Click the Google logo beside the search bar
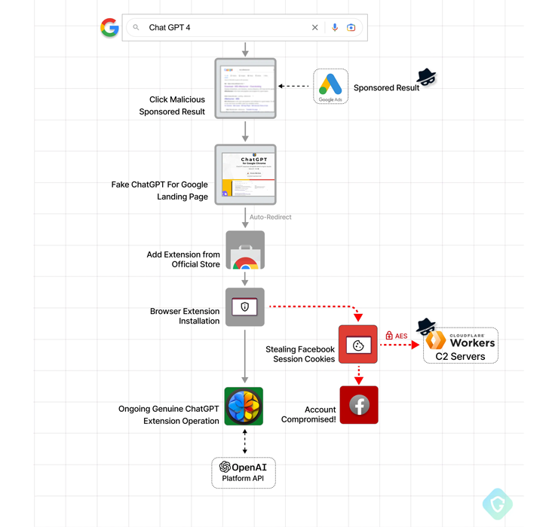click(109, 28)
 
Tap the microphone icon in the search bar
click(335, 28)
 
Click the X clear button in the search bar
click(315, 28)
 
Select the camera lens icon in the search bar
click(351, 28)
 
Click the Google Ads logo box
click(330, 86)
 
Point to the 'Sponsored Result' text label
click(386, 88)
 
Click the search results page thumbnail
click(245, 88)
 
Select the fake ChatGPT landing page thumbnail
click(245, 175)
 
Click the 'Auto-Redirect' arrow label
click(270, 217)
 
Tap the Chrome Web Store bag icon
click(244, 251)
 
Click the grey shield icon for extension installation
click(244, 306)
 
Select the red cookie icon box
click(358, 345)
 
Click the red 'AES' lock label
click(397, 336)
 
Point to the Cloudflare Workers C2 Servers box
click(460, 346)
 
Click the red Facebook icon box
click(359, 405)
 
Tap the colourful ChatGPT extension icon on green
click(244, 407)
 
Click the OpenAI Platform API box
click(244, 472)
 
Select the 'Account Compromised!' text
click(308, 414)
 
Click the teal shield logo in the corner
click(497, 504)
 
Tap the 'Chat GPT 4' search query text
click(170, 28)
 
